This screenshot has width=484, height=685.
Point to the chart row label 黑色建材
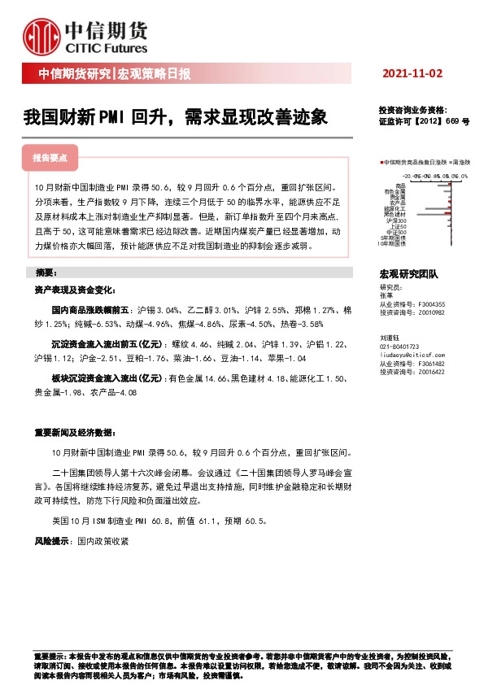tap(395, 213)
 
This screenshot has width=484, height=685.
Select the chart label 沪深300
tap(396, 220)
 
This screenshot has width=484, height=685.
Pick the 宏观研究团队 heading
tap(409, 275)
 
